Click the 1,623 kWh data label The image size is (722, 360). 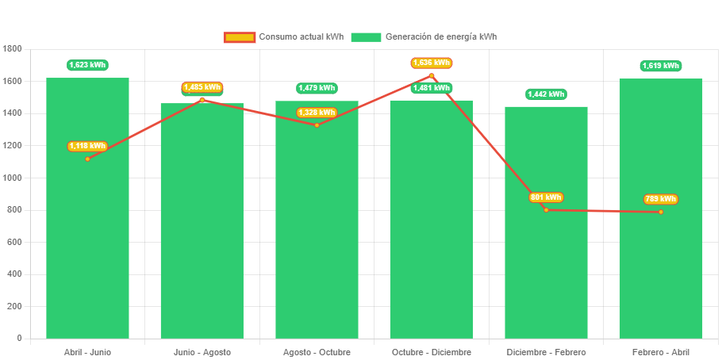click(x=87, y=65)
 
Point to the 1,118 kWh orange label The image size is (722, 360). click(x=87, y=146)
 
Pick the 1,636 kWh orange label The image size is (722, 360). click(x=432, y=63)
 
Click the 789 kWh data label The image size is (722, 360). click(x=660, y=199)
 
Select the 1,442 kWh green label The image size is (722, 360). click(x=546, y=94)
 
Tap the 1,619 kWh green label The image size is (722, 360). click(x=661, y=66)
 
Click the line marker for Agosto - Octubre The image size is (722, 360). click(x=317, y=125)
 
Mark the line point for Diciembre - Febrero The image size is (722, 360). click(x=546, y=209)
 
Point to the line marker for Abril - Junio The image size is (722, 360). click(x=87, y=159)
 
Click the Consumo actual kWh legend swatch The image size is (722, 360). click(x=239, y=37)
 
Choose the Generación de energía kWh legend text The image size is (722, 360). click(x=441, y=37)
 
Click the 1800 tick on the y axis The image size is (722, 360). click(x=13, y=49)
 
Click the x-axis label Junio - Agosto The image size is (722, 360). click(x=202, y=352)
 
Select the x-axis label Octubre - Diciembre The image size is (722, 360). click(x=432, y=352)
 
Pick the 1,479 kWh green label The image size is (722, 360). click(x=317, y=88)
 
